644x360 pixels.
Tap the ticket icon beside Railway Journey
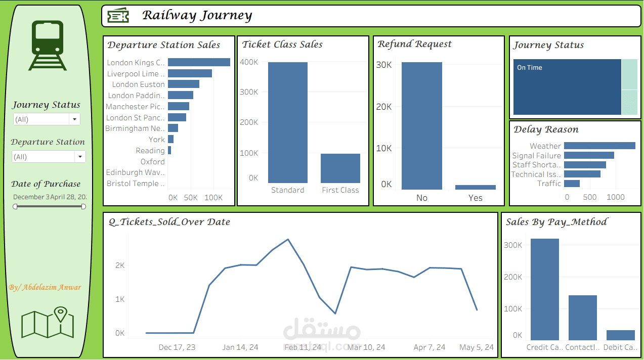118,16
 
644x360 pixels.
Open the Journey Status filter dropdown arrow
75,119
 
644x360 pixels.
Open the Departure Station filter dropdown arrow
79,157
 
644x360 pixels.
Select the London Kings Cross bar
199,62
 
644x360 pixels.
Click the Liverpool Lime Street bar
190,73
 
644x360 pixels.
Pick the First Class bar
340,168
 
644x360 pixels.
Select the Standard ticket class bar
287,122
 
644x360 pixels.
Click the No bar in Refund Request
421,126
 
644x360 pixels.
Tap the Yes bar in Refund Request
475,187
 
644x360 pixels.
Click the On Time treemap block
567,87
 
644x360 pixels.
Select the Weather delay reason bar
599,146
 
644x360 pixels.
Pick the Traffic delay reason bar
572,184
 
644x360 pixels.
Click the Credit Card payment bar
544,289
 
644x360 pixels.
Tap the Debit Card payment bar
620,335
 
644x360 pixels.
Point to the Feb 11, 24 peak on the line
288,239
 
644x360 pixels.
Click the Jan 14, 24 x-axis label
240,347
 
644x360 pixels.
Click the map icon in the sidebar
48,323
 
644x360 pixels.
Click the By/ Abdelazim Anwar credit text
45,287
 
